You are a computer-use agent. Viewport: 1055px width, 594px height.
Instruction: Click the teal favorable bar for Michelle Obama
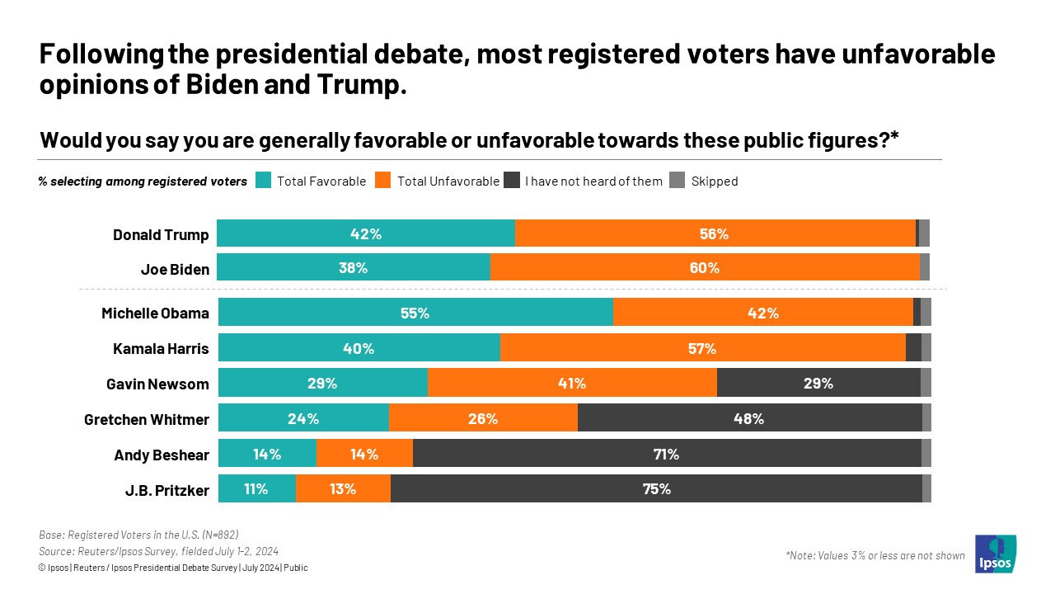click(x=415, y=313)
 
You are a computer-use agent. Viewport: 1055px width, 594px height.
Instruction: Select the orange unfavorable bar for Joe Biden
click(x=705, y=268)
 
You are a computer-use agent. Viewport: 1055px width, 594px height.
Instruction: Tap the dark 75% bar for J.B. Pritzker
click(x=656, y=488)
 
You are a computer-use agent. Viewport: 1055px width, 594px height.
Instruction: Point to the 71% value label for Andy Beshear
click(x=666, y=454)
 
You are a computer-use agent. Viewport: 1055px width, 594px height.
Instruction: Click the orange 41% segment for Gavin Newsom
click(x=572, y=383)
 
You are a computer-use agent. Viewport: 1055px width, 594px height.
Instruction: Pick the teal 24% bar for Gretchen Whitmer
click(x=303, y=418)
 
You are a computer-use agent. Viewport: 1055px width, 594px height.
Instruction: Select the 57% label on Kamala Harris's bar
click(x=702, y=348)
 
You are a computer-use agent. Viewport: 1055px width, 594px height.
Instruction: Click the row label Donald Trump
click(x=161, y=234)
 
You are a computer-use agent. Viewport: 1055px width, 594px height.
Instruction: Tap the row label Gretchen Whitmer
click(x=146, y=419)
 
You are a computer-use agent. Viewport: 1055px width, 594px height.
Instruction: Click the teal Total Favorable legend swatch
click(x=263, y=181)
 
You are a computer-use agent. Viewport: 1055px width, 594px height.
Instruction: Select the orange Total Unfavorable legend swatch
click(x=382, y=181)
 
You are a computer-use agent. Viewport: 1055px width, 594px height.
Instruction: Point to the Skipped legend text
click(x=714, y=181)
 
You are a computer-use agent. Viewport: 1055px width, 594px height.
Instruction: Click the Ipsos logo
click(x=996, y=554)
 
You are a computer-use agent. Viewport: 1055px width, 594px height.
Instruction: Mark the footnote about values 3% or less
click(x=874, y=555)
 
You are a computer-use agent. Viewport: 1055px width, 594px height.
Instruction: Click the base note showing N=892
click(x=138, y=534)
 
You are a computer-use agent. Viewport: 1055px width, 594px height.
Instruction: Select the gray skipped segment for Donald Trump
click(x=924, y=233)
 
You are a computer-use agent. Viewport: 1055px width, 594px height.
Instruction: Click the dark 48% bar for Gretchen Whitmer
click(x=749, y=418)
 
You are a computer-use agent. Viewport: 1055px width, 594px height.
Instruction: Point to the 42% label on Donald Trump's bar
click(x=365, y=233)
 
